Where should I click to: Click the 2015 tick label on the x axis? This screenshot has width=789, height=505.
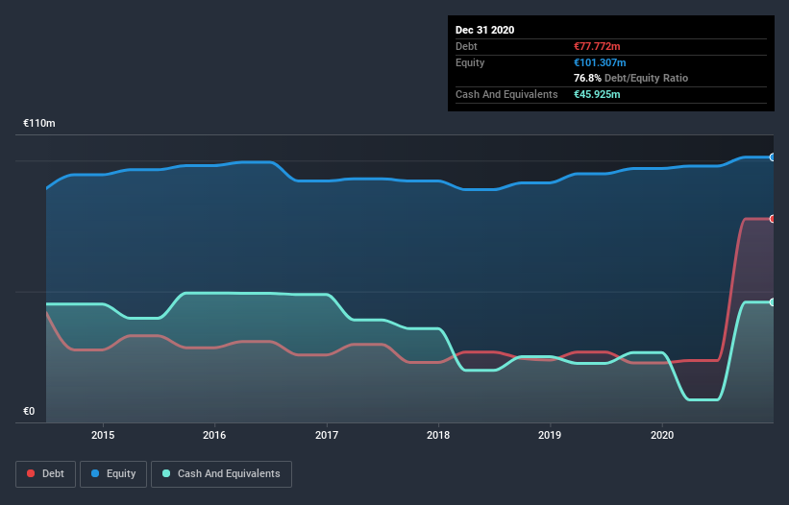click(103, 434)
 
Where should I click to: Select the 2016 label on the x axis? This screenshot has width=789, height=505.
click(214, 434)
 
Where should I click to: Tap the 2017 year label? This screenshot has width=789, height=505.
click(327, 434)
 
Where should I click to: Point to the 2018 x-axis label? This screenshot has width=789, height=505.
click(438, 434)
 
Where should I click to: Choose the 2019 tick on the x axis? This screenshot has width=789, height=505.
click(551, 434)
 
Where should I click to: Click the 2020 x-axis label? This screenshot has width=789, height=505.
click(662, 434)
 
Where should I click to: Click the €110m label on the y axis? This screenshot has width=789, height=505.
click(39, 124)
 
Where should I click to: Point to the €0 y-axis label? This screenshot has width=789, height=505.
click(29, 412)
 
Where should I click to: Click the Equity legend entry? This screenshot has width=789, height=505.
click(112, 473)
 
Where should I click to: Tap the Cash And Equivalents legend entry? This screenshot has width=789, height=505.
click(221, 473)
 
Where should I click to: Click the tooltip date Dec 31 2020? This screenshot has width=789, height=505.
click(484, 30)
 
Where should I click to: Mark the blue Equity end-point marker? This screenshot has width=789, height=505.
click(773, 156)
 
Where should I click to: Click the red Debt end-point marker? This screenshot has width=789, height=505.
click(773, 219)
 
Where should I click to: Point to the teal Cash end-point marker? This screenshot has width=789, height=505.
click(773, 302)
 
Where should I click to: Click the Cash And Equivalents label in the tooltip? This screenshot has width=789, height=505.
click(506, 94)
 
